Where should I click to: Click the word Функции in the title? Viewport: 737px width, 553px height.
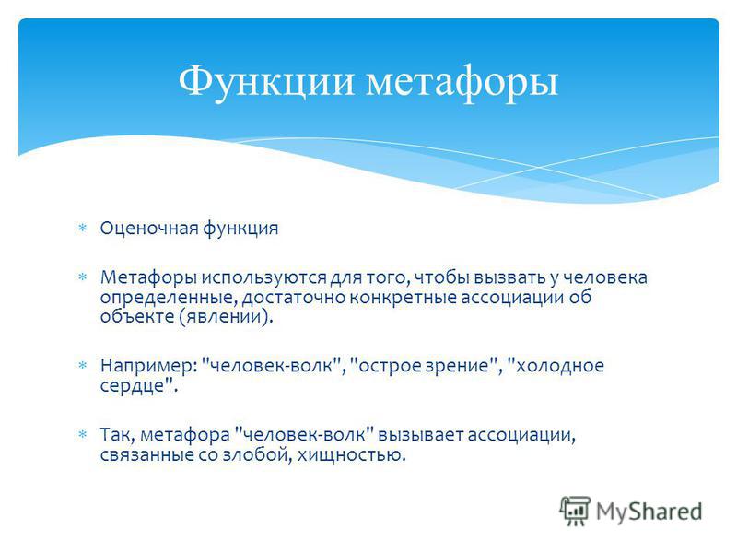tap(266, 82)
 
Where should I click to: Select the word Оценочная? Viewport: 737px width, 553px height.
tap(149, 228)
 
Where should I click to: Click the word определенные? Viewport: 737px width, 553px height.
tap(170, 298)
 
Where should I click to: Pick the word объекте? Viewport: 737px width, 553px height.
tap(136, 315)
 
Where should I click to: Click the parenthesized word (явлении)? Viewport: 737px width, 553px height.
tap(226, 316)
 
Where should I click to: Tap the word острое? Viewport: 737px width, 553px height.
tap(386, 366)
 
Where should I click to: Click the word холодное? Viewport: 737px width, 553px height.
tap(556, 365)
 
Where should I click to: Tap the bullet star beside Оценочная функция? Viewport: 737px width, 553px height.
tap(83, 229)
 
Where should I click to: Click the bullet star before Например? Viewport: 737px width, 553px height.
tap(83, 365)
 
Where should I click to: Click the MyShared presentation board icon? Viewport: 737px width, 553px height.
tap(575, 511)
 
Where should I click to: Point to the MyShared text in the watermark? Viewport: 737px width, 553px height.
tap(649, 512)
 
